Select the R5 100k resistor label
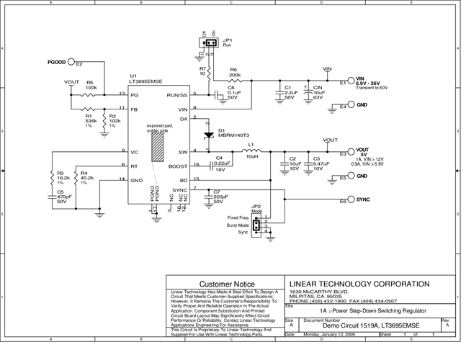[91, 85]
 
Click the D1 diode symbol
[208, 134]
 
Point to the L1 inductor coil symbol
[251, 151]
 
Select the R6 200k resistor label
[235, 73]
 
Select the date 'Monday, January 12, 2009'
[330, 336]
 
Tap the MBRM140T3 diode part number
[233, 135]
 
